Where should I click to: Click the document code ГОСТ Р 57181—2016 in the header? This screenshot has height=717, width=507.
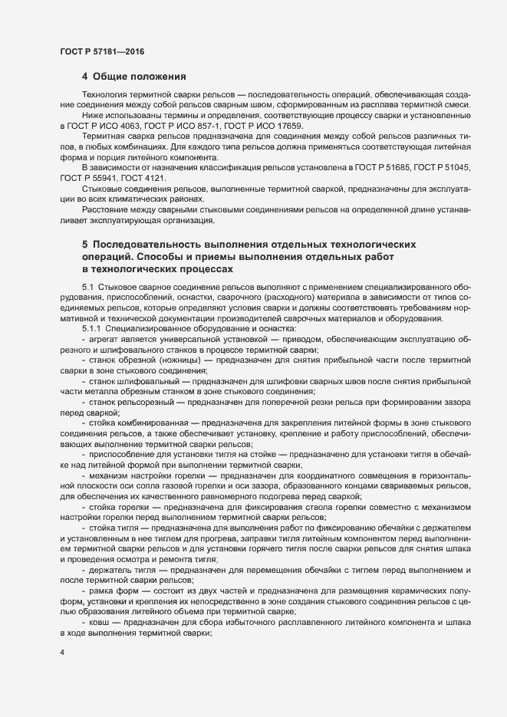pos(101,51)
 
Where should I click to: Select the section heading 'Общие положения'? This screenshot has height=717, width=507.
pos(139,77)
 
